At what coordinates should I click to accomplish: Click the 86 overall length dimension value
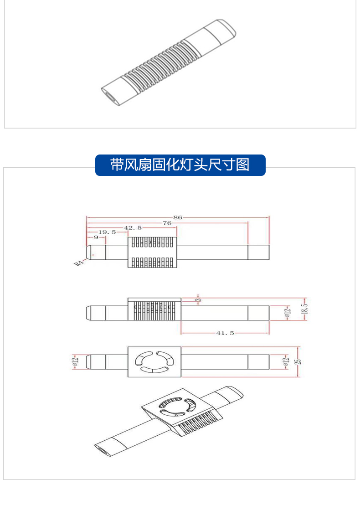(x=178, y=218)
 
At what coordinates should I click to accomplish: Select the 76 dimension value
(x=167, y=223)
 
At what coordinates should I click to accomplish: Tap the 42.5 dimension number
(x=133, y=228)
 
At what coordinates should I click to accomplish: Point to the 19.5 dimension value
(x=107, y=232)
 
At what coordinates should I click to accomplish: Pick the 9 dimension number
(x=96, y=237)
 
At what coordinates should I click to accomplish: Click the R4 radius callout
(x=78, y=263)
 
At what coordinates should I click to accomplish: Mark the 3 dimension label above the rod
(x=199, y=299)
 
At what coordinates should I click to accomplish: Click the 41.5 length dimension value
(x=225, y=333)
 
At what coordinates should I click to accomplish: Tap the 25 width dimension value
(x=299, y=361)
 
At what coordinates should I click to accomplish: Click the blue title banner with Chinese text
(x=180, y=165)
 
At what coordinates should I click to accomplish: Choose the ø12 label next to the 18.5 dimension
(x=287, y=313)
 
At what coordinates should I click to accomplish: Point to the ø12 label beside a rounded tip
(x=75, y=362)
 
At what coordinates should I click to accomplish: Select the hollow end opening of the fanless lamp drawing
(x=109, y=96)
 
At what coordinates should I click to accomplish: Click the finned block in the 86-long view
(x=152, y=252)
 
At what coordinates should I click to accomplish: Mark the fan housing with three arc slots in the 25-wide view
(x=154, y=362)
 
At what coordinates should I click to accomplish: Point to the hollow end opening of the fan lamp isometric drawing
(x=102, y=449)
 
